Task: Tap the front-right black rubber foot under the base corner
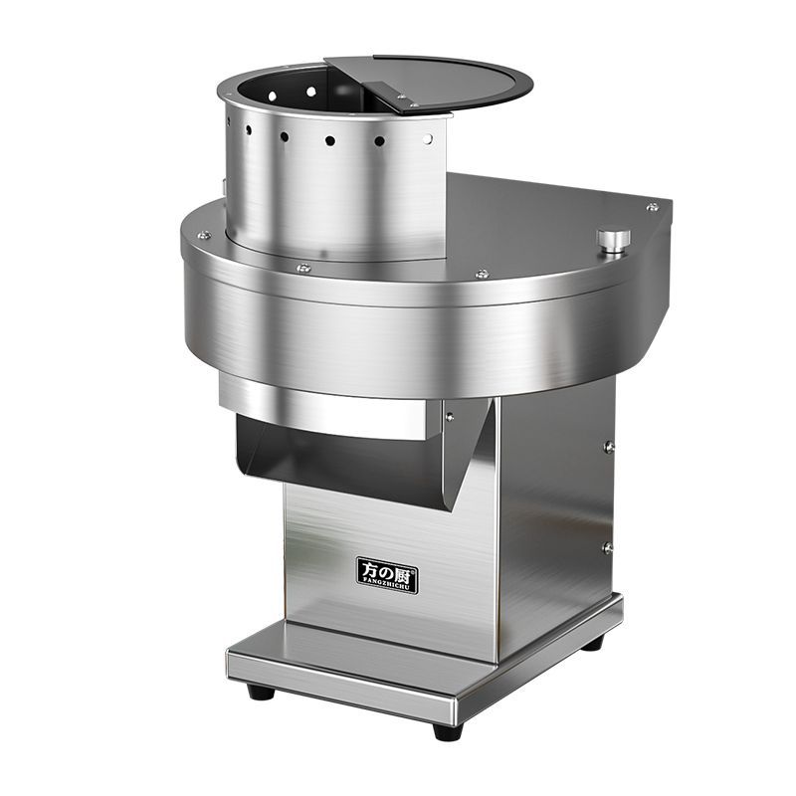point(448,731)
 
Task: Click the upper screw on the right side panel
point(608,447)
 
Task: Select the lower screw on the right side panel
point(606,547)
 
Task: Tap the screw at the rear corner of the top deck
point(652,207)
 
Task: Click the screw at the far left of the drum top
point(202,236)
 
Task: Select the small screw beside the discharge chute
point(450,417)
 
